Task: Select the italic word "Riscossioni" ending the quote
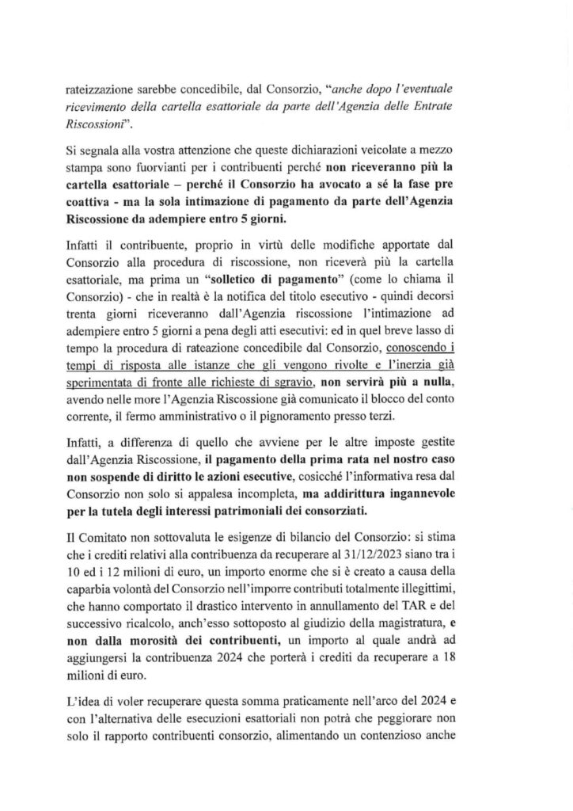pyautogui.click(x=104, y=125)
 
